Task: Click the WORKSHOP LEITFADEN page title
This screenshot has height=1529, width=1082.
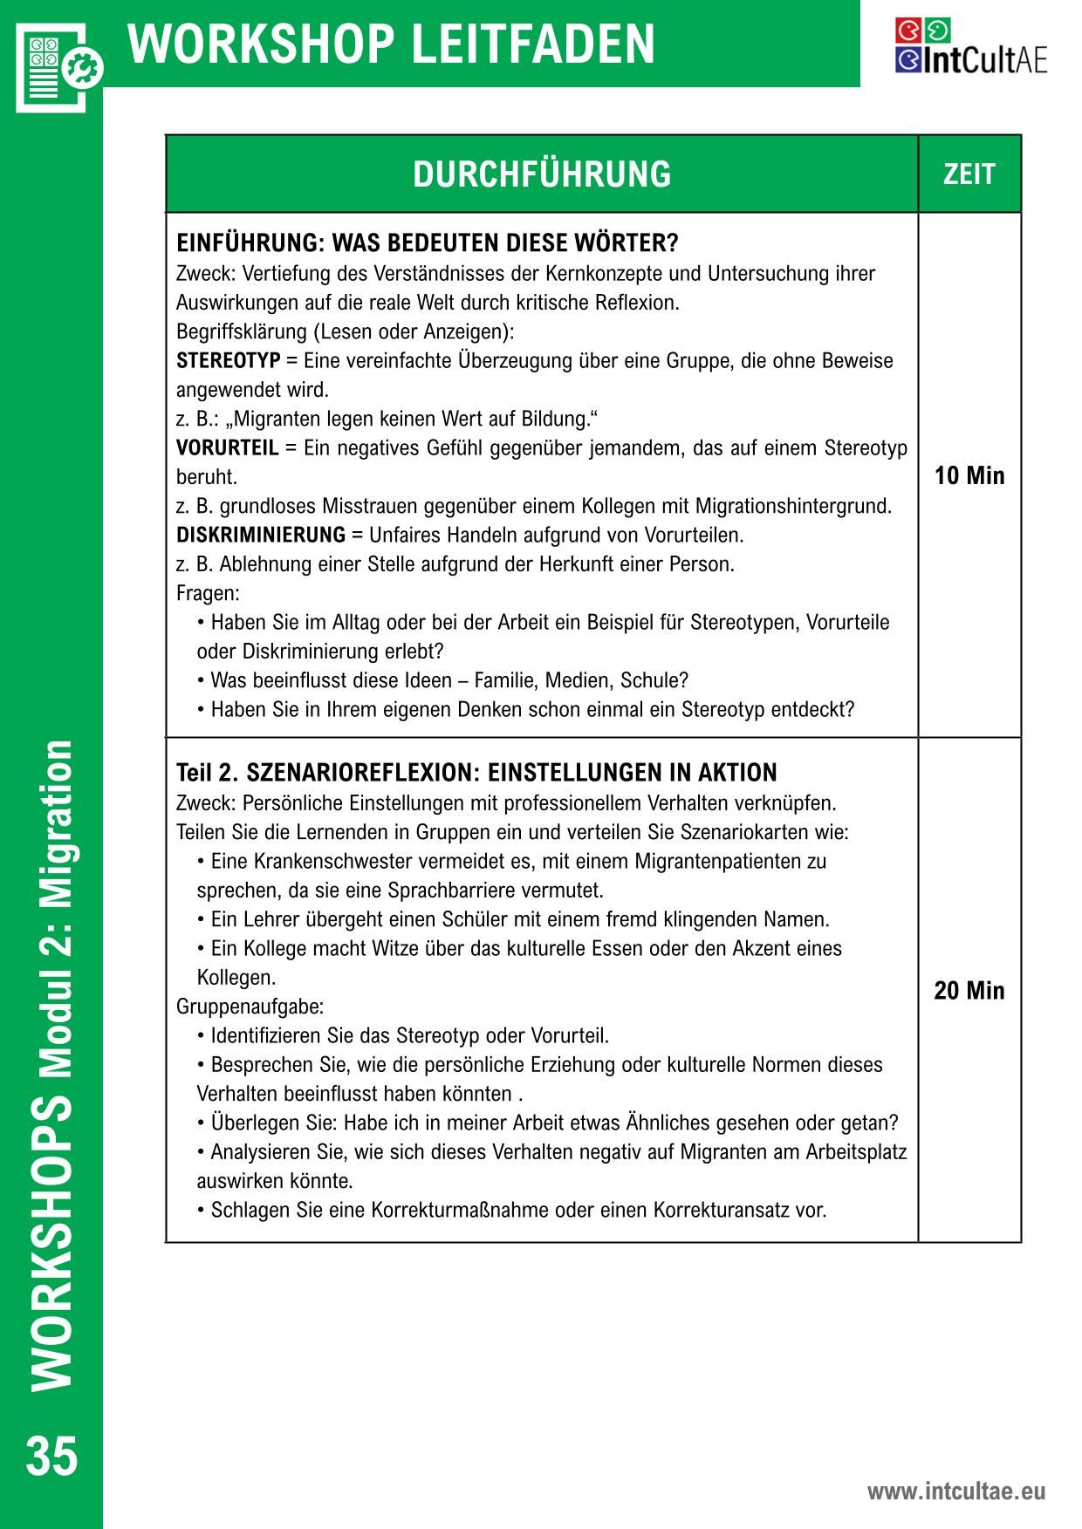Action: [392, 44]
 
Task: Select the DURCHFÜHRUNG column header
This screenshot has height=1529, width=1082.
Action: [542, 174]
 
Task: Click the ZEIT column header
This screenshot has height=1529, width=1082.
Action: [969, 174]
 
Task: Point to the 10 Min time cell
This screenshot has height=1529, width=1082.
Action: [969, 476]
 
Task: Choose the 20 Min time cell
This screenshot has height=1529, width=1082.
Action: [969, 991]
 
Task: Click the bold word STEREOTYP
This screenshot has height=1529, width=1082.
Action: [228, 361]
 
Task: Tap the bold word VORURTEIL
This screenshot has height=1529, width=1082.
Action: [227, 448]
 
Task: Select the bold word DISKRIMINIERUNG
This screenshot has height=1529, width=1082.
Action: [261, 535]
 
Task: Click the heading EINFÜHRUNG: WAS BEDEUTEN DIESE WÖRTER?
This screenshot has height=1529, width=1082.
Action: [427, 242]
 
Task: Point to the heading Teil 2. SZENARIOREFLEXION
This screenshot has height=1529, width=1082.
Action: [476, 773]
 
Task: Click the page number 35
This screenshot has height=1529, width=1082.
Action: [51, 1456]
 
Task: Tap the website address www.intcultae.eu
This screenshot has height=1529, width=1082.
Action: [955, 1491]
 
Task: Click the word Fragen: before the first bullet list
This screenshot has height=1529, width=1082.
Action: [208, 593]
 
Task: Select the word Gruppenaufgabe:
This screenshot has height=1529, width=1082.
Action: [250, 1007]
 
